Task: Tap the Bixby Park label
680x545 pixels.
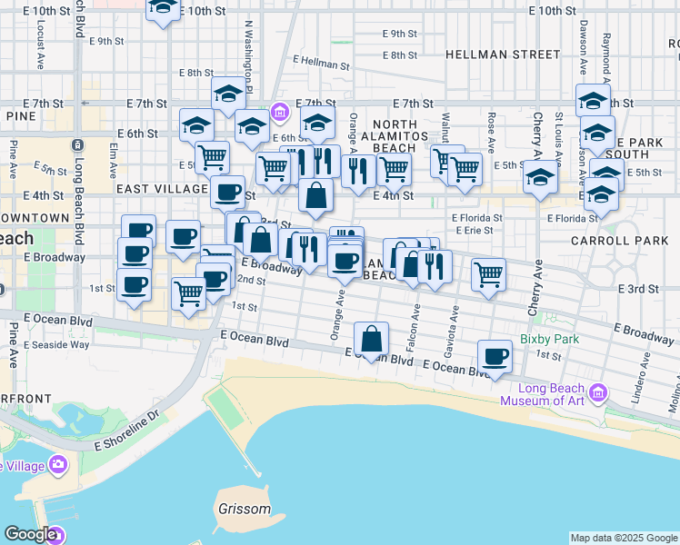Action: click(549, 340)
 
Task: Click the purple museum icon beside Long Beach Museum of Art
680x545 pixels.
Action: click(597, 393)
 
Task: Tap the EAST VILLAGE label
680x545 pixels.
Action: click(162, 188)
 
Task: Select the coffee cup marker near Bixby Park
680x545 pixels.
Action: click(495, 357)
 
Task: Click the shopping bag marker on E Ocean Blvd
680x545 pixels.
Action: click(372, 340)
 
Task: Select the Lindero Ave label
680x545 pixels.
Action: click(640, 386)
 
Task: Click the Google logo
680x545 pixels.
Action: click(30, 534)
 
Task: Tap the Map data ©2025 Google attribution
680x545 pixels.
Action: click(623, 538)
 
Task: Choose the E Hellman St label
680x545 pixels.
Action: click(321, 64)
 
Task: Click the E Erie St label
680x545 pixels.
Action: click(472, 231)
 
